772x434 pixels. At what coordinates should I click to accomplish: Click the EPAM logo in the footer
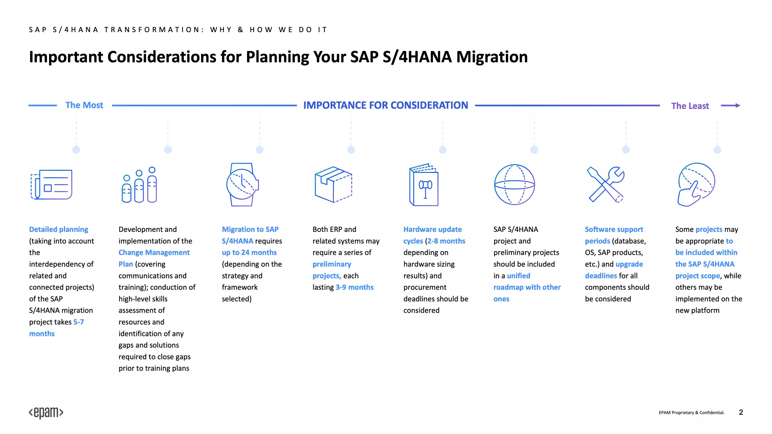[x=46, y=413]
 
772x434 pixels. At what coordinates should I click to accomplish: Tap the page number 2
[x=741, y=412]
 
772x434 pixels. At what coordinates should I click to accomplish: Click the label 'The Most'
[x=84, y=105]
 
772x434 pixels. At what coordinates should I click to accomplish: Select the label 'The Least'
[x=690, y=106]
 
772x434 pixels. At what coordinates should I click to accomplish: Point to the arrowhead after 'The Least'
[x=737, y=105]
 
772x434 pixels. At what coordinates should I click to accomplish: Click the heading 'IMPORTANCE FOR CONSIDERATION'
[x=386, y=105]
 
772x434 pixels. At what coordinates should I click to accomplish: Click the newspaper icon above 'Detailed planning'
[x=51, y=184]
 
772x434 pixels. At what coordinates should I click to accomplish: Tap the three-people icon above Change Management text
[x=139, y=185]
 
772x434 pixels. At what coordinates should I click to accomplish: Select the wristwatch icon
[x=242, y=184]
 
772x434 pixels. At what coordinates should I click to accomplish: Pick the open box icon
[x=333, y=184]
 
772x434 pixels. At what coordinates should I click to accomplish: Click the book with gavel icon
[x=424, y=185]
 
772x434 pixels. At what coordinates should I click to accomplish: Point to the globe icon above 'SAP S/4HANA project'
[x=514, y=184]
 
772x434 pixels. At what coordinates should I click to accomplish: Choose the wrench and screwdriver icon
[x=606, y=184]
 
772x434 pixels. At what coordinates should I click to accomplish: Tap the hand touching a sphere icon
[x=696, y=184]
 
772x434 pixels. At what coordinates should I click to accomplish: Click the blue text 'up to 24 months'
[x=249, y=252]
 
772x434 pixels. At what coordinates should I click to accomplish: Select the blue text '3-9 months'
[x=355, y=287]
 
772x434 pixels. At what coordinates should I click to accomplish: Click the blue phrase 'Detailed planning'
[x=59, y=229]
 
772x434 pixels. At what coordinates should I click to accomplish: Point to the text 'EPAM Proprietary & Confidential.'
[x=692, y=413]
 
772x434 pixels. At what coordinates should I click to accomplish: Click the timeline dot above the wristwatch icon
[x=259, y=150]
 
